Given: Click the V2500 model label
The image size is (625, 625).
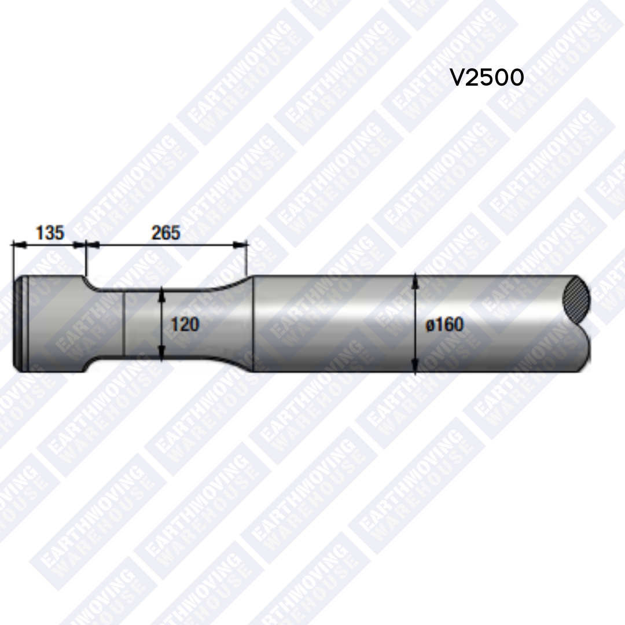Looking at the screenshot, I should tap(487, 77).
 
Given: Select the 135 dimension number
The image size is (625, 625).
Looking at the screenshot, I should tap(50, 233).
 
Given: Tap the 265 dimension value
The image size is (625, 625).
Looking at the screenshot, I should tap(166, 233).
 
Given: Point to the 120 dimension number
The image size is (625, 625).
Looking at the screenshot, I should tap(185, 324).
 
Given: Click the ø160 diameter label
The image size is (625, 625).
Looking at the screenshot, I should tap(444, 325).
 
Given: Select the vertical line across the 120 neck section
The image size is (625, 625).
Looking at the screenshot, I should tap(124, 324).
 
